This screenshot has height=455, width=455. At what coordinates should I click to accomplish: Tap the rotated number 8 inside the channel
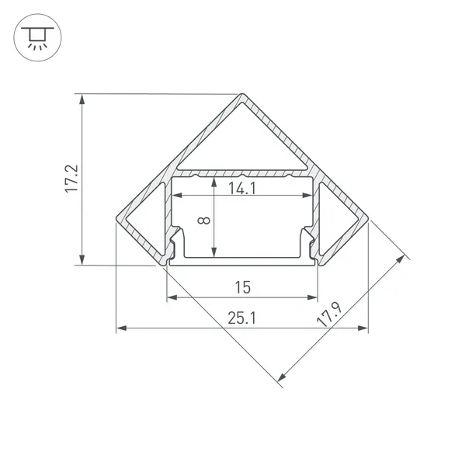tap(203, 221)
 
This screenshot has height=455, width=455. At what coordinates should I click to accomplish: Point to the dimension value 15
tap(241, 287)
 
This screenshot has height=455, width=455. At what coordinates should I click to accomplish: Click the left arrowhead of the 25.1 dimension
tap(120, 329)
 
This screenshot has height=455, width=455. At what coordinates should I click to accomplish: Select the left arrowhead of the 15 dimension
tap(170, 297)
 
